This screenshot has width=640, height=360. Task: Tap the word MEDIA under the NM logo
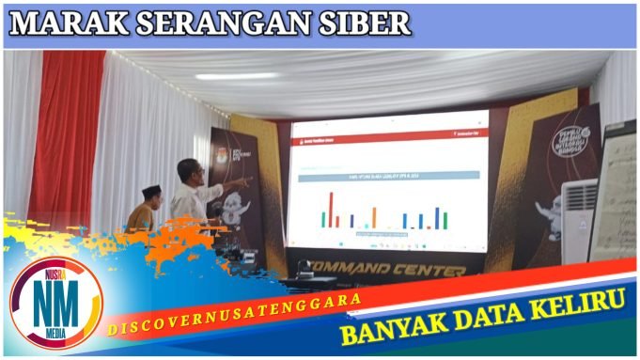point(55,334)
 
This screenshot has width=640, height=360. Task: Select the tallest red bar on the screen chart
point(331,210)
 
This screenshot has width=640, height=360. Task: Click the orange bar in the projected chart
point(373,217)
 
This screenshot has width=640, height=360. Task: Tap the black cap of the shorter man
point(150,191)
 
